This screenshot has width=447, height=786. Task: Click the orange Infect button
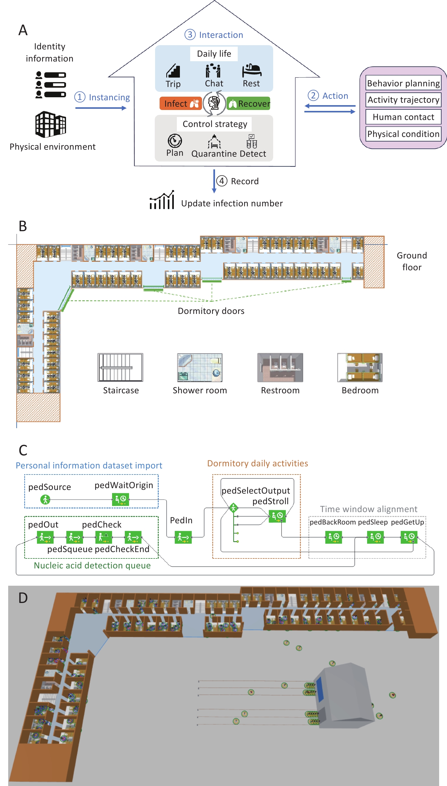(x=180, y=104)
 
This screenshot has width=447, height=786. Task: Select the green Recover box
(x=248, y=104)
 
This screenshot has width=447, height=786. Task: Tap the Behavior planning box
(x=403, y=83)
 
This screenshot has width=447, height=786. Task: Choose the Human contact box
(x=403, y=117)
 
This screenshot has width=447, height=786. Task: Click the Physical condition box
(x=403, y=134)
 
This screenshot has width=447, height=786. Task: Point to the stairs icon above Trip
(x=173, y=71)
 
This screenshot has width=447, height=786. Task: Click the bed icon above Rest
(x=251, y=70)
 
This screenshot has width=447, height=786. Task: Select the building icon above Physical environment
(x=51, y=125)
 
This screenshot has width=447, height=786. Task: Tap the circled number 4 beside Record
(x=222, y=181)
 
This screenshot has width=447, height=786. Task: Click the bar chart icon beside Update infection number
(x=162, y=200)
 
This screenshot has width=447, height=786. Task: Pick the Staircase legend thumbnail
(x=120, y=367)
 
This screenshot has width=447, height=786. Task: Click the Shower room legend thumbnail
(x=200, y=367)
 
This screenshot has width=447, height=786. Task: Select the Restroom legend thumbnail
(x=280, y=367)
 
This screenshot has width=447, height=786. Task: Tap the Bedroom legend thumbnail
(x=360, y=367)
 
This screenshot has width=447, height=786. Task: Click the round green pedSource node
(x=45, y=499)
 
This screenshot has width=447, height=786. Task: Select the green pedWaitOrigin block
(x=120, y=499)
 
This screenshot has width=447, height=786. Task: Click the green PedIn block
(x=183, y=537)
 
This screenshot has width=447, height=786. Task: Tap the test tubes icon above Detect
(x=252, y=141)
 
